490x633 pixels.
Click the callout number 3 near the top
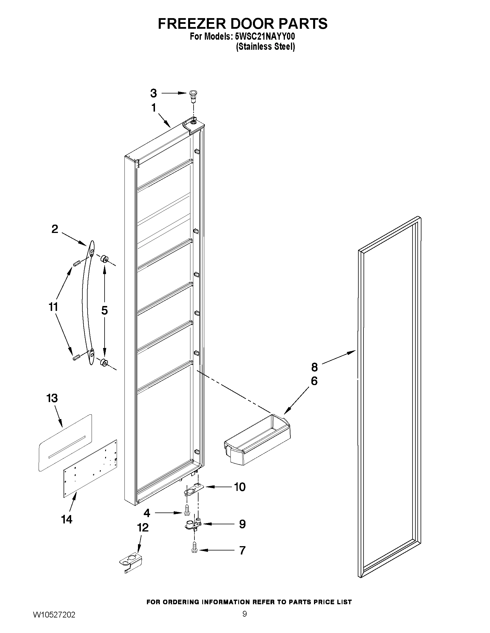point(154,93)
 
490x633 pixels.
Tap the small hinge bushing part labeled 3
point(192,95)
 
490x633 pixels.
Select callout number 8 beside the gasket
point(314,367)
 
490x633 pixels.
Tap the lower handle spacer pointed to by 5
point(104,363)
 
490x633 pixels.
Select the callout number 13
point(52,398)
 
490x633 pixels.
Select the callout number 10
point(239,487)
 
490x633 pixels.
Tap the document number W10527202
point(54,615)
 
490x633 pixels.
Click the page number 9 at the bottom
point(245,614)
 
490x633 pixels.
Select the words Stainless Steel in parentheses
point(265,46)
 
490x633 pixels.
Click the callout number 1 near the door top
point(154,108)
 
